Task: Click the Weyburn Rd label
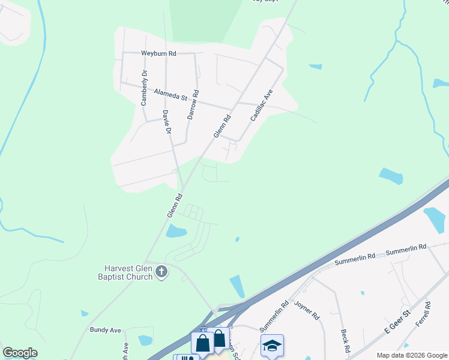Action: click(158, 53)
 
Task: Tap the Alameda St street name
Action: click(171, 94)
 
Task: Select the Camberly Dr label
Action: click(144, 88)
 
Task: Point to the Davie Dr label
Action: click(167, 122)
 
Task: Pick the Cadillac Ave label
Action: click(262, 106)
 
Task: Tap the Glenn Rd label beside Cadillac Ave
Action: click(222, 127)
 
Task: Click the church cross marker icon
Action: click(161, 272)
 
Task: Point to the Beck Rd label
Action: click(345, 340)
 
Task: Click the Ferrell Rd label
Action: click(427, 313)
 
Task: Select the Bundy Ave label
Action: click(106, 330)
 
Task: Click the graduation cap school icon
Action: click(272, 345)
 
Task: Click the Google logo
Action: click(20, 353)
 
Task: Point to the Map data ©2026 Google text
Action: click(411, 355)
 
